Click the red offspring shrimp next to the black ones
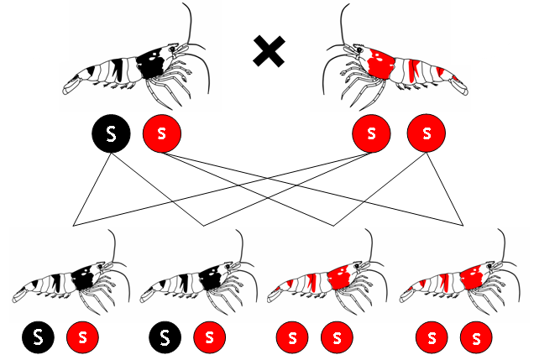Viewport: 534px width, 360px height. point(323,281)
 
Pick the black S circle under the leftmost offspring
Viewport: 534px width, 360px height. point(39,338)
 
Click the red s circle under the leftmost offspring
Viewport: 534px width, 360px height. point(82,338)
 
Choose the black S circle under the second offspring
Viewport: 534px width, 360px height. point(165,338)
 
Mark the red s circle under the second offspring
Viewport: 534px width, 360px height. point(209,338)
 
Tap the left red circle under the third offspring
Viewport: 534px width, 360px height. point(293,338)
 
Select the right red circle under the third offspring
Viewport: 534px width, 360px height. point(337,338)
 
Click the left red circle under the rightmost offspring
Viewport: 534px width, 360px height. point(432,338)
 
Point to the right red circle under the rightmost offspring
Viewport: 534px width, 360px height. point(476,338)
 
